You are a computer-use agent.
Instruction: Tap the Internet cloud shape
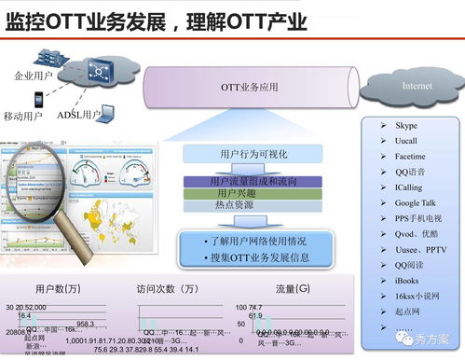click(x=416, y=86)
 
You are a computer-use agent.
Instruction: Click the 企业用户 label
click(x=34, y=75)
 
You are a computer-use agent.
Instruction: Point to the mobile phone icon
click(x=38, y=99)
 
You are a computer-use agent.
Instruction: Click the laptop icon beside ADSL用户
click(x=107, y=113)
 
